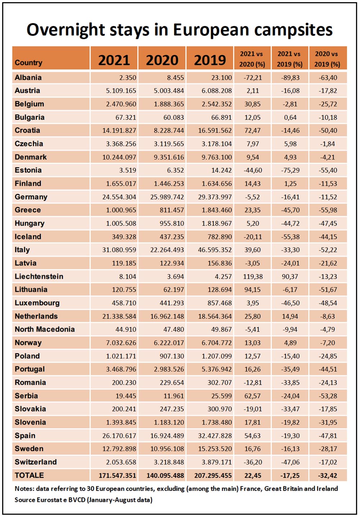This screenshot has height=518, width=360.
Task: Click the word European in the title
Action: tap(211, 30)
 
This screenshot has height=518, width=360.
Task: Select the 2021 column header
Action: tap(114, 60)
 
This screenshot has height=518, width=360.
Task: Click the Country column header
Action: tap(28, 63)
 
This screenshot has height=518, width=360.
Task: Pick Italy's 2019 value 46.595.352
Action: tap(215, 250)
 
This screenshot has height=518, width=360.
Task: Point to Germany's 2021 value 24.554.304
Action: tap(119, 197)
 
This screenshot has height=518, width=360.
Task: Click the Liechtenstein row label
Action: tap(39, 276)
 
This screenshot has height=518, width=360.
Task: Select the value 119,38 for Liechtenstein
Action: tap(253, 276)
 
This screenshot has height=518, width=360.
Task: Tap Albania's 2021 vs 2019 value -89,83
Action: tap(290, 78)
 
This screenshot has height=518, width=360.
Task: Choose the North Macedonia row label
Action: tap(45, 329)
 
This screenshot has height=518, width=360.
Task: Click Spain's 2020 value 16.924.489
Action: tap(167, 436)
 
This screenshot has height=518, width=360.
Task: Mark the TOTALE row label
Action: tap(29, 475)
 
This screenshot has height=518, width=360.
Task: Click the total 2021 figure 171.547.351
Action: tap(117, 475)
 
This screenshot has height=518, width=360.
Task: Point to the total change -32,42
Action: tap(327, 475)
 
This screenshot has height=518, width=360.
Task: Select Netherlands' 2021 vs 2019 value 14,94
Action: tap(290, 316)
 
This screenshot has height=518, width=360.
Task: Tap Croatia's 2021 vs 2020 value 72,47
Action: tap(253, 130)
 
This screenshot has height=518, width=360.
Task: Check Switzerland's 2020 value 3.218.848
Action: tap(169, 462)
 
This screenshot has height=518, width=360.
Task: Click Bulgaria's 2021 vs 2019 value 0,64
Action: tap(290, 117)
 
